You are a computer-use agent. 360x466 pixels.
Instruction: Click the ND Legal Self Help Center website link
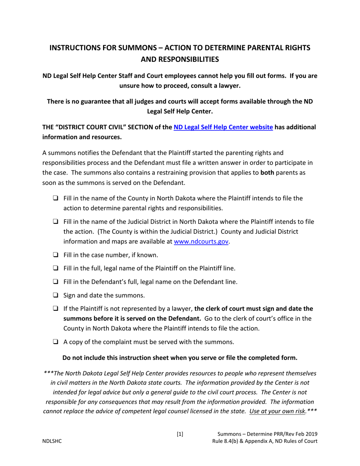point(223,127)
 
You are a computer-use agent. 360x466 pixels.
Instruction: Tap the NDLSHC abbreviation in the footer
point(52,441)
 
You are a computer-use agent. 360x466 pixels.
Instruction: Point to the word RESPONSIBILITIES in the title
point(180,59)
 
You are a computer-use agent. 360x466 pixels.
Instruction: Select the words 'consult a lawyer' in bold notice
point(214,86)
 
